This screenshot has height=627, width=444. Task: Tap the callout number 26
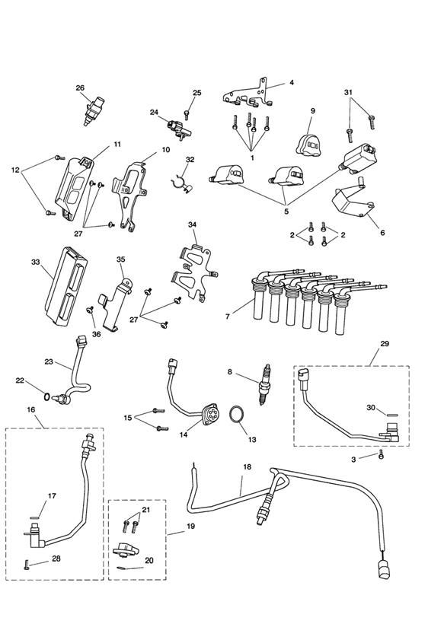[80, 88]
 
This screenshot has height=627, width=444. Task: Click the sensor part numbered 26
[92, 110]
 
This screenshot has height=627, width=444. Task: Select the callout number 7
[228, 317]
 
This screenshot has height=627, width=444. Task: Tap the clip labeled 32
[181, 183]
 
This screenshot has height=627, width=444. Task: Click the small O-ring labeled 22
[46, 397]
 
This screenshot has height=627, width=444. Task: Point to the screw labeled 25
[186, 115]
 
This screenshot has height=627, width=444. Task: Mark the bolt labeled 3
[381, 454]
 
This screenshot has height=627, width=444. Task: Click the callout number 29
[385, 343]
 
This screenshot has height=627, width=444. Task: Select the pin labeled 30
[392, 415]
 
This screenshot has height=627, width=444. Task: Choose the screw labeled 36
[89, 310]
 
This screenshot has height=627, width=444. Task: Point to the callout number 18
[247, 466]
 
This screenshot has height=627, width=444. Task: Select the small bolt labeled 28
[27, 565]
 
